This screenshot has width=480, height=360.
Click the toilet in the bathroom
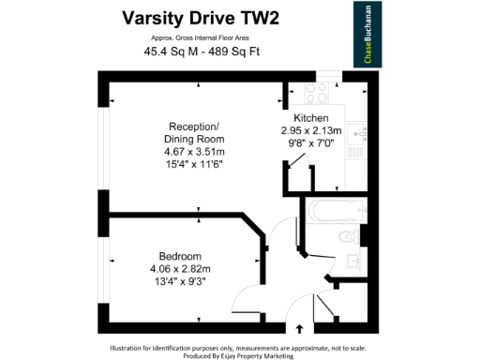348,235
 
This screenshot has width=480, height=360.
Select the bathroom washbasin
352,262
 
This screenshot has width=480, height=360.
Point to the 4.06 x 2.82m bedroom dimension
180,269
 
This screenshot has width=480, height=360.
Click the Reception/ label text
193,127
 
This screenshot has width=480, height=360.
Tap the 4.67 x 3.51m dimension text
193,151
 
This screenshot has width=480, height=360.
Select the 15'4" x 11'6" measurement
193,163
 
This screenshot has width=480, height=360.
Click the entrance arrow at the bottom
299,329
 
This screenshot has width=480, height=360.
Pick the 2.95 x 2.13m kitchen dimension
314,130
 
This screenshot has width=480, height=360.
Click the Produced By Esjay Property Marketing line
240,353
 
